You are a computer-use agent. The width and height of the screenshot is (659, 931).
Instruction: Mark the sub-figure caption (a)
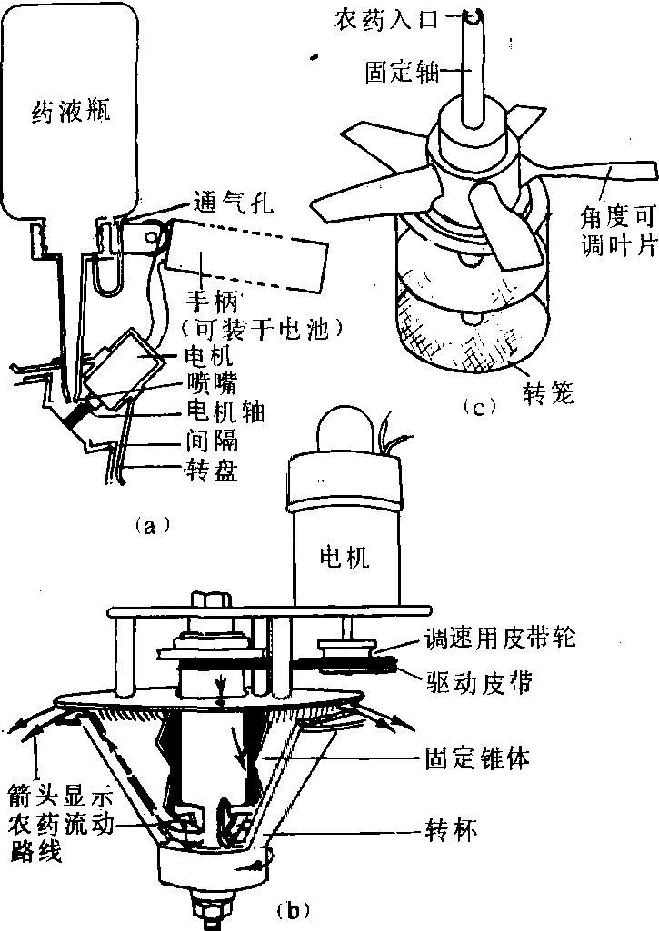(146, 524)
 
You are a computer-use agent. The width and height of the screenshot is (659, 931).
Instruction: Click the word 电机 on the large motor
(344, 557)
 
